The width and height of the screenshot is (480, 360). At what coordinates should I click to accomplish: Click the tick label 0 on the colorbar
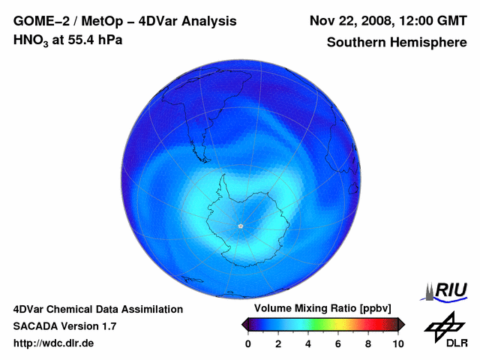point(248,343)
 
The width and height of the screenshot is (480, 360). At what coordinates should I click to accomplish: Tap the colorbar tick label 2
point(278,343)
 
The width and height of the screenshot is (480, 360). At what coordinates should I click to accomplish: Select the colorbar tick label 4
point(308,343)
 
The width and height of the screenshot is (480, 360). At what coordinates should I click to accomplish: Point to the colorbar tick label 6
point(338,343)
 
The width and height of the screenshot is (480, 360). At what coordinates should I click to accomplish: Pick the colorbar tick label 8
point(368,343)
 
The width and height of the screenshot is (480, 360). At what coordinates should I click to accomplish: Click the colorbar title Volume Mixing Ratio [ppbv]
point(323,309)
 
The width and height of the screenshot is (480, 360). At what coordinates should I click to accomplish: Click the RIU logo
point(448,291)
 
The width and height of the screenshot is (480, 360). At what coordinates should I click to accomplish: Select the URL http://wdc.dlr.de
point(54,343)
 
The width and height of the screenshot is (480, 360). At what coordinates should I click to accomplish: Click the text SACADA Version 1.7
point(64,326)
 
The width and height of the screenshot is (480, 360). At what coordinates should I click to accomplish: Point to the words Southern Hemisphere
point(397,43)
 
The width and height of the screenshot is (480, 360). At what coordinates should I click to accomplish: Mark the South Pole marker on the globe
point(240,226)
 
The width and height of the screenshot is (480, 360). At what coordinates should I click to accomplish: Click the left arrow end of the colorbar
point(244,324)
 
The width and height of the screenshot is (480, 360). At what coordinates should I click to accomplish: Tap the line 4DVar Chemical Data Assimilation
point(97,309)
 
